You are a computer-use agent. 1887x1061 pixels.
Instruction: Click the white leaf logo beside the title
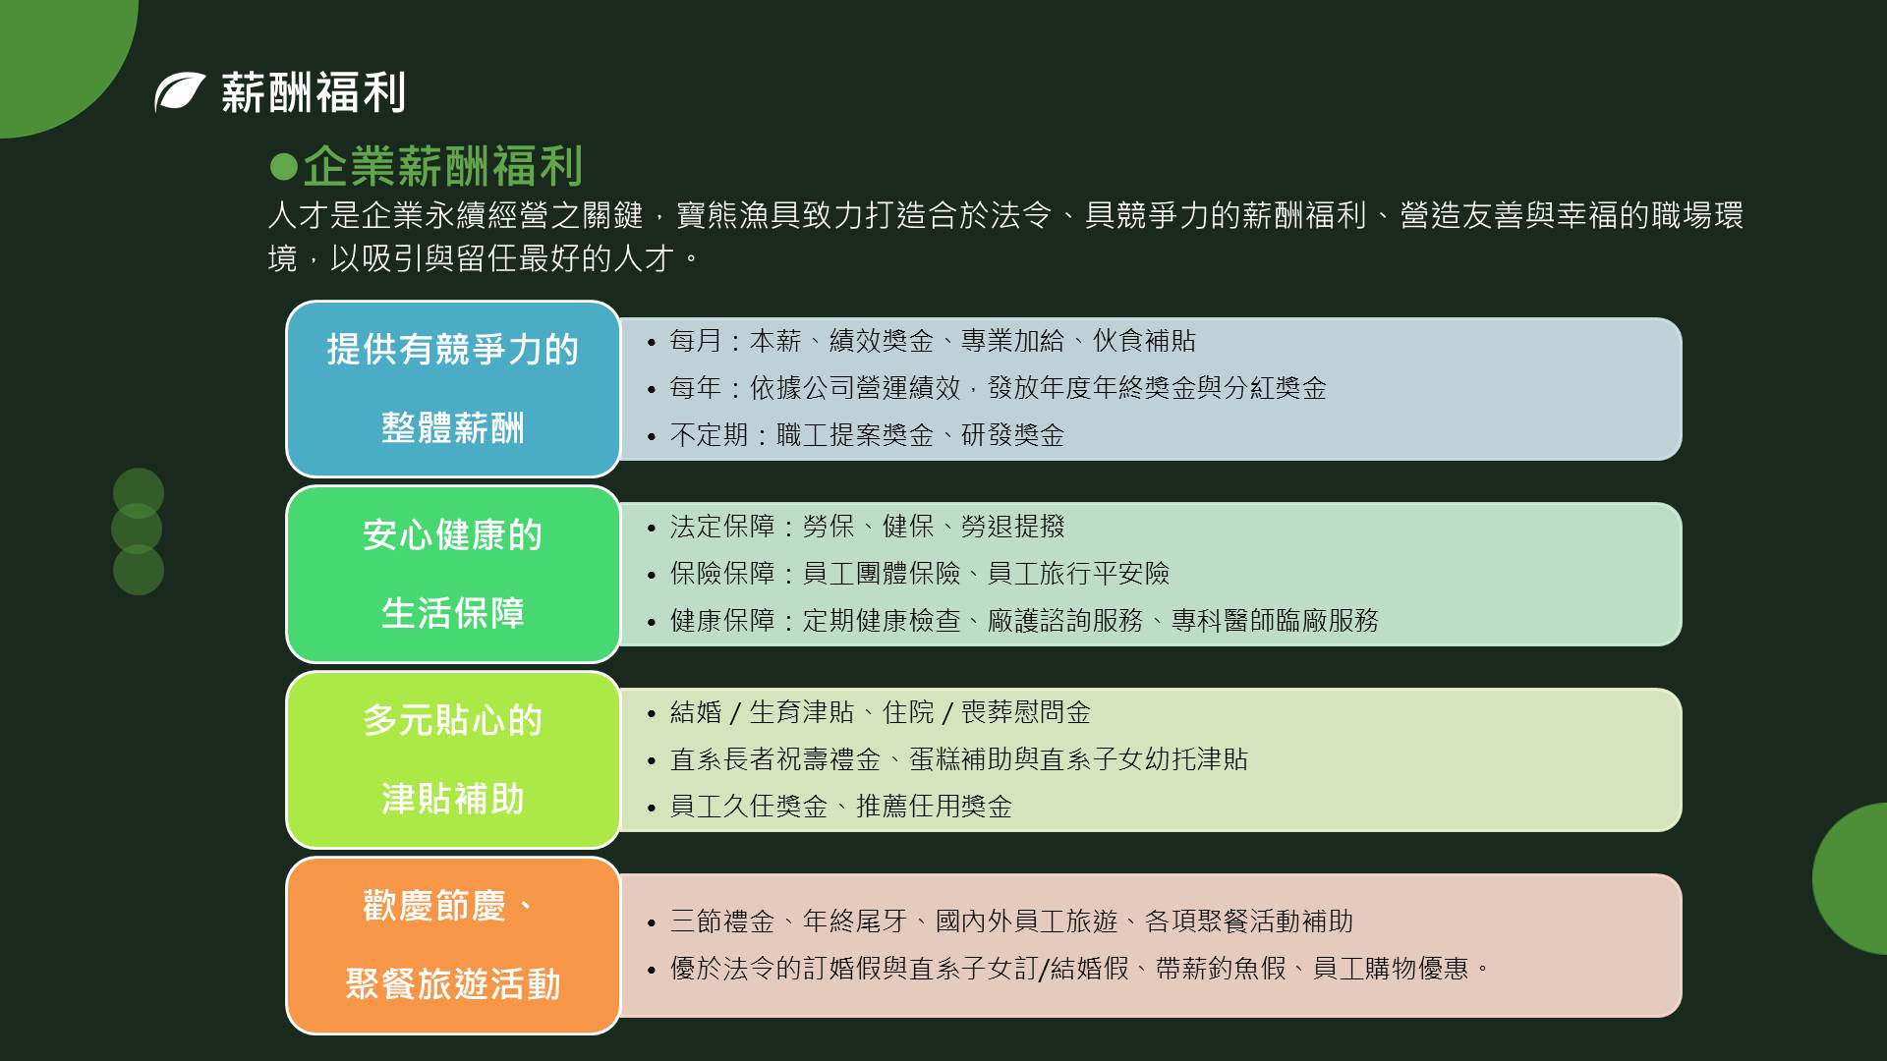179,92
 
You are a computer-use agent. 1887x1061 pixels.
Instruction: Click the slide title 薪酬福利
313,92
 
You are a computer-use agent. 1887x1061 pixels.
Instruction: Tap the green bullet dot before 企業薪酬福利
283,166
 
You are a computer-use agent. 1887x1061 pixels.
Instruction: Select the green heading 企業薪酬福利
442,166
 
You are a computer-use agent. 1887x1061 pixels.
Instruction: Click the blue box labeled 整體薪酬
453,389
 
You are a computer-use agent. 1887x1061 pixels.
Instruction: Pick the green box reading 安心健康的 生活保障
453,575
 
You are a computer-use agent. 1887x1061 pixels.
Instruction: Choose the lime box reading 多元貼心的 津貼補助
453,760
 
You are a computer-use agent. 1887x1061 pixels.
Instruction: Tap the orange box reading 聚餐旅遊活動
453,946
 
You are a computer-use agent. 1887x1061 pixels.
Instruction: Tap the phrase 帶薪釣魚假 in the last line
1221,969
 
